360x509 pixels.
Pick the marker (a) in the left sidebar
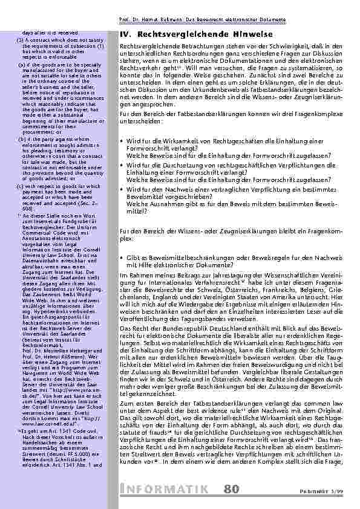click(x=21, y=62)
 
